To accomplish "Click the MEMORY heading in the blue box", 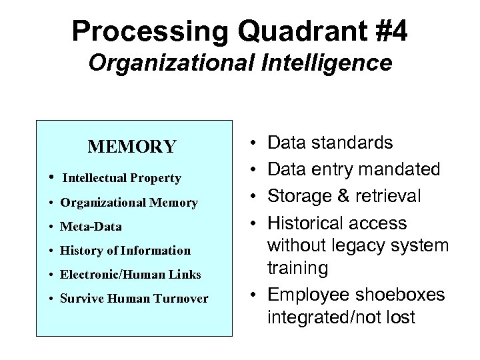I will point(133,146).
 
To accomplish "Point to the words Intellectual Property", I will point(121,178).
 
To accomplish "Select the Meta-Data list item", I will point(91,227).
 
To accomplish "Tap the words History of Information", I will point(125,251).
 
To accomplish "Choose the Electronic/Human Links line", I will point(130,275).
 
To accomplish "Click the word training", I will point(297,269).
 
